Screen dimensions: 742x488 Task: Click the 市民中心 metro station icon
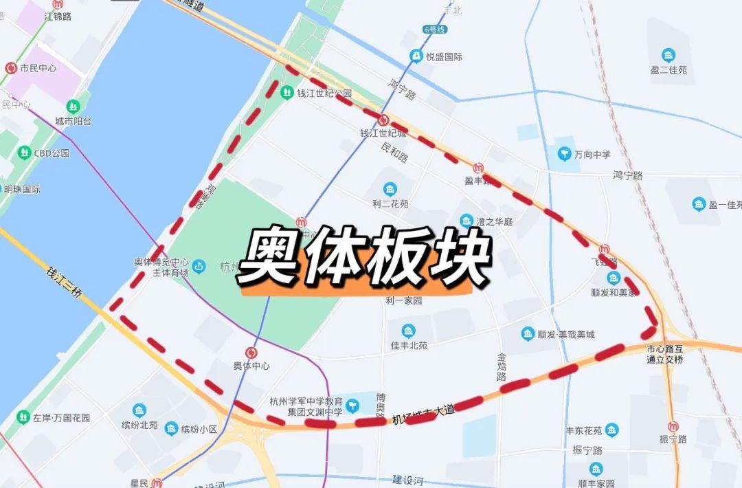[11, 68]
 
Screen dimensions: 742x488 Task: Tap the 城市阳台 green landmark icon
[74, 107]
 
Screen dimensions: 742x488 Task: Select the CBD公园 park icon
[25, 153]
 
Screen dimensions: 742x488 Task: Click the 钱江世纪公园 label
[324, 93]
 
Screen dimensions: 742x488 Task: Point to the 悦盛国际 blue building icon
[416, 56]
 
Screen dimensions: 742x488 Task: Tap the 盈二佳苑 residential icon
[668, 55]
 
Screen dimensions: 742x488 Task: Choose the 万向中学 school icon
[564, 153]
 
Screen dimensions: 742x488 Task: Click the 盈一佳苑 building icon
[699, 204]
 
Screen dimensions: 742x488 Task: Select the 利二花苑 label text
[390, 204]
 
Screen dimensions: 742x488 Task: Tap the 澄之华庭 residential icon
[466, 221]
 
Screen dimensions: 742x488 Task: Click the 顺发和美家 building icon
[613, 278]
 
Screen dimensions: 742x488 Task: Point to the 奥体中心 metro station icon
[251, 352]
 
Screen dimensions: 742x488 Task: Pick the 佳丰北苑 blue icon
[409, 331]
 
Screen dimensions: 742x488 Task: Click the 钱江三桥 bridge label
[64, 282]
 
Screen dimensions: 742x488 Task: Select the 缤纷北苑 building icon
[139, 410]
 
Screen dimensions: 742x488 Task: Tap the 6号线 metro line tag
[434, 30]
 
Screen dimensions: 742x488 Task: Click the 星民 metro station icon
[157, 483]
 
